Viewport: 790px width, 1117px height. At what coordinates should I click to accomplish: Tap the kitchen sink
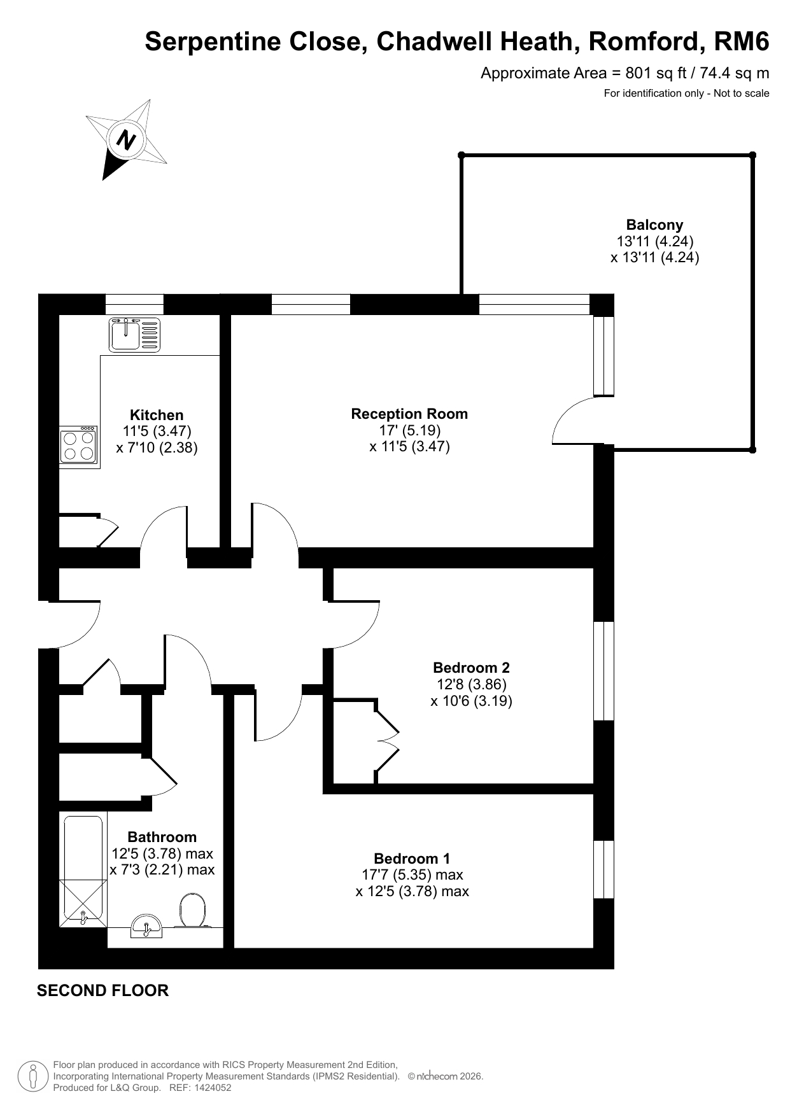(135, 335)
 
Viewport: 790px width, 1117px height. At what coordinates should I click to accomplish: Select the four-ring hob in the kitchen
(79, 445)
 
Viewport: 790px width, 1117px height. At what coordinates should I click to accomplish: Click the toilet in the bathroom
(192, 911)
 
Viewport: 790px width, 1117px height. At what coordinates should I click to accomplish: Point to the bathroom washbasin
(147, 926)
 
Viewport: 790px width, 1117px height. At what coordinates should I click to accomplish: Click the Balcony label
(654, 225)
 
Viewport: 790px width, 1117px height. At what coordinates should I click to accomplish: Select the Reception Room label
(409, 414)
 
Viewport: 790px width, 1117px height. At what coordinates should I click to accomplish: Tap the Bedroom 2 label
(471, 668)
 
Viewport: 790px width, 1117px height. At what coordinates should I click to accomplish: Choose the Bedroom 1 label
(412, 858)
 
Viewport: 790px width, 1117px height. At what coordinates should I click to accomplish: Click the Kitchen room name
(157, 415)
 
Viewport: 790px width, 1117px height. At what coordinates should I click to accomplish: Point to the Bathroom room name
(162, 837)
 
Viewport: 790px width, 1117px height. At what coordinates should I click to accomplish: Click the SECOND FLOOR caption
(103, 990)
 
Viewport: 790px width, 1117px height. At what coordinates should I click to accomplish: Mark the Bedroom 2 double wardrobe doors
(387, 741)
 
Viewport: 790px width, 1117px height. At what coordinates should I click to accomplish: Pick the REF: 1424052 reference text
(200, 1088)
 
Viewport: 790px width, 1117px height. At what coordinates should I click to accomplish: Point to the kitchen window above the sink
(134, 304)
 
